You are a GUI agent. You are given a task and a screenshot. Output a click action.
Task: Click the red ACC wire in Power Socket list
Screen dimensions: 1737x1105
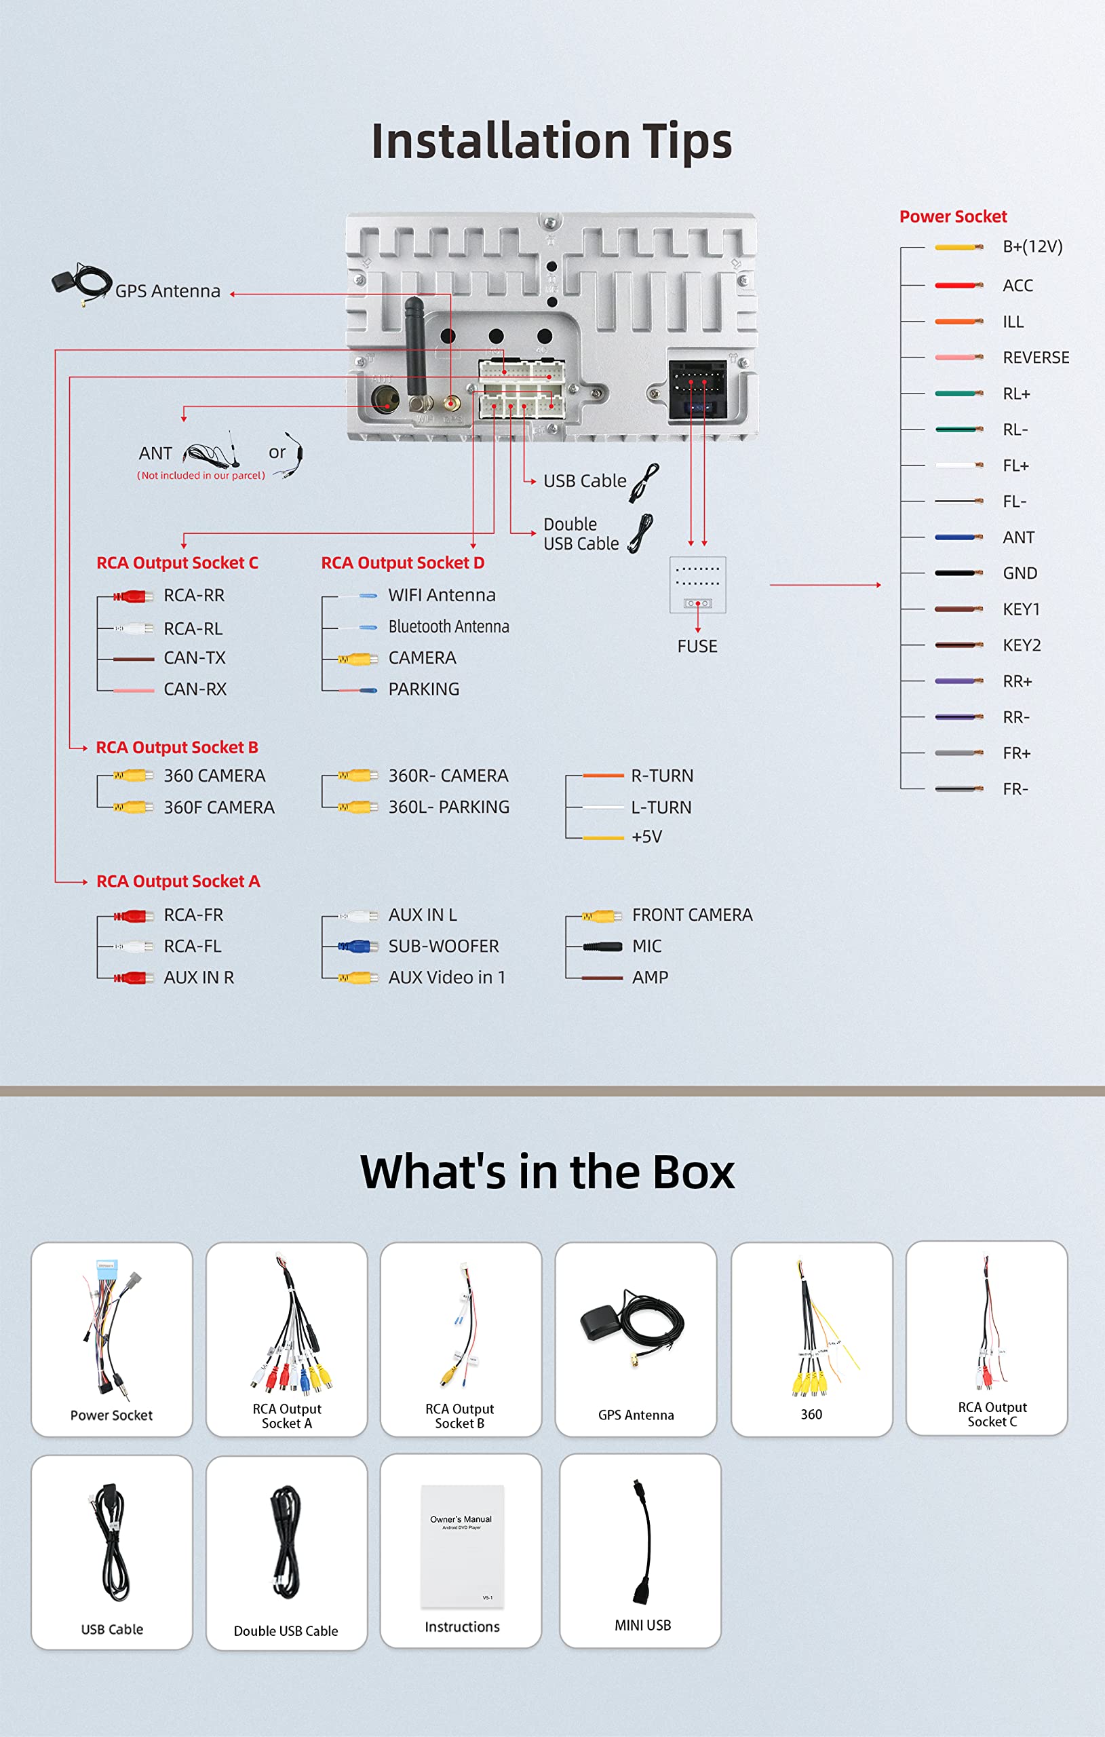tap(958, 286)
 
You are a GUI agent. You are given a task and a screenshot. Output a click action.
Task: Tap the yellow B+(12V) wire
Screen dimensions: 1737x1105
tap(958, 247)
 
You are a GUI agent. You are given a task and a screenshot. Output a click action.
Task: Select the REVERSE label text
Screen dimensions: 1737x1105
tap(1036, 358)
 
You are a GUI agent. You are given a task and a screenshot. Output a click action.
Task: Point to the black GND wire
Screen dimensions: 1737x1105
tap(958, 573)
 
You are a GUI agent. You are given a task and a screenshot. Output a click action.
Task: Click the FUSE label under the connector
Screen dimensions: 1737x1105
tap(697, 647)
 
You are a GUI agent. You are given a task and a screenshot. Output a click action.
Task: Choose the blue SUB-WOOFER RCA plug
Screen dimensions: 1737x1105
tap(355, 947)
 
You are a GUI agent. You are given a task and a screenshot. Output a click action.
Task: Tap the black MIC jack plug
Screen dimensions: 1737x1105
tap(603, 947)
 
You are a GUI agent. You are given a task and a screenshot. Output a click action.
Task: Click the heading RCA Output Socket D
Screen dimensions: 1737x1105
tap(402, 562)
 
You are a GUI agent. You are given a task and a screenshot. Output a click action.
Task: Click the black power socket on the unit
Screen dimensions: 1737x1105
tap(697, 389)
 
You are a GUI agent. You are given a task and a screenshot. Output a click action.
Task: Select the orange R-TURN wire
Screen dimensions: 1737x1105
tap(603, 776)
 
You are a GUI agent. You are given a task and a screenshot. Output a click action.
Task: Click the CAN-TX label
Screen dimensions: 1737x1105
tap(195, 658)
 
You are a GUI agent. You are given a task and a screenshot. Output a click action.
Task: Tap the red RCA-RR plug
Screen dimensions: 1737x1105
tap(134, 596)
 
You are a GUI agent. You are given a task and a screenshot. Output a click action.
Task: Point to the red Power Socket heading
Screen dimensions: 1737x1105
tap(953, 216)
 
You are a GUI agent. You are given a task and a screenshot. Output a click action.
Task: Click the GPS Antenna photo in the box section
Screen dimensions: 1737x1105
tap(634, 1327)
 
